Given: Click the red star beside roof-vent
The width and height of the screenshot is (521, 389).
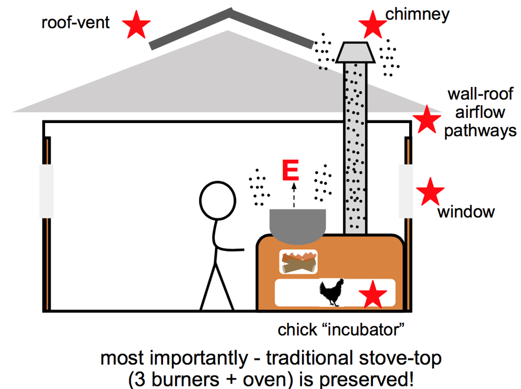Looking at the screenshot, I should [x=137, y=24].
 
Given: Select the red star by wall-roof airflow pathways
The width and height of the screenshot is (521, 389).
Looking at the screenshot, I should [x=427, y=119].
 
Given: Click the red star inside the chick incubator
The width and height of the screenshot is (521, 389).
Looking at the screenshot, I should [x=373, y=295].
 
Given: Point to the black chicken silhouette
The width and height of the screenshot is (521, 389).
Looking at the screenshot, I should [x=332, y=292].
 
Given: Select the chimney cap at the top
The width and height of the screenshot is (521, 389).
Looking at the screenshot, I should [x=355, y=51].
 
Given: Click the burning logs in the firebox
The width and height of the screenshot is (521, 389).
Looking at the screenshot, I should [x=299, y=263].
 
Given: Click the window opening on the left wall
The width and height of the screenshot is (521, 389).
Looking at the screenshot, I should [x=46, y=191].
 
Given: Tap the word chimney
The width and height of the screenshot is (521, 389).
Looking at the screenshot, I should [x=418, y=14].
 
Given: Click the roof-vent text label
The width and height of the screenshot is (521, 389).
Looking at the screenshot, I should [x=76, y=23].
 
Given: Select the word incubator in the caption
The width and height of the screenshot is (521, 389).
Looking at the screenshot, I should [x=369, y=330].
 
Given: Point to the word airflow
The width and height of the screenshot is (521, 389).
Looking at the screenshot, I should [x=480, y=112].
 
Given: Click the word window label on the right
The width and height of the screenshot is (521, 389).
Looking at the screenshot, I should [x=466, y=212].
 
